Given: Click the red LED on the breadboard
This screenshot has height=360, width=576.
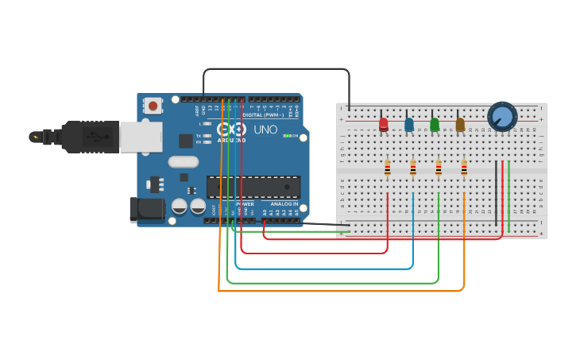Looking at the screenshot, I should (x=384, y=124).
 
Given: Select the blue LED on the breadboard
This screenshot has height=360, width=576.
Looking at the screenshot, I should (x=409, y=125).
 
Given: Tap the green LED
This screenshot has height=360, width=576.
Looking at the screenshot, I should (x=435, y=124).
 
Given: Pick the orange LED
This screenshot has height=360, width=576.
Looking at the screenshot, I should (x=460, y=124).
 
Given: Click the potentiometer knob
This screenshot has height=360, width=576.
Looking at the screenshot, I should (x=502, y=117).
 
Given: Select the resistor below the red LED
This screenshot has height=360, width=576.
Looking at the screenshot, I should (x=388, y=168).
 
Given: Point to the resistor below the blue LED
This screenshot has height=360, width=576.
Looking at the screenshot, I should (x=413, y=168).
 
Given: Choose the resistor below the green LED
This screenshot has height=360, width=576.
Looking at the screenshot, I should (x=439, y=168).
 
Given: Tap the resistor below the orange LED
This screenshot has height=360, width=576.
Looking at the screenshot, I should (x=464, y=168).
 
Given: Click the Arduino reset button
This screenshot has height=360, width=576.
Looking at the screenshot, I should (x=153, y=105).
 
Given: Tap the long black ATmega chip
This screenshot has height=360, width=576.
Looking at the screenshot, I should (x=253, y=187).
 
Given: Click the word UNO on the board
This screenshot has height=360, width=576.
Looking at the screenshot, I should (x=265, y=130).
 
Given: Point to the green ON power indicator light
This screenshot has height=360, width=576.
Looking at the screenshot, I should (x=286, y=136).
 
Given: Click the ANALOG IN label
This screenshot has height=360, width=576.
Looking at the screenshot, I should (x=284, y=204).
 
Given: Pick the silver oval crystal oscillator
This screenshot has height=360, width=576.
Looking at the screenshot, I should (x=183, y=161).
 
